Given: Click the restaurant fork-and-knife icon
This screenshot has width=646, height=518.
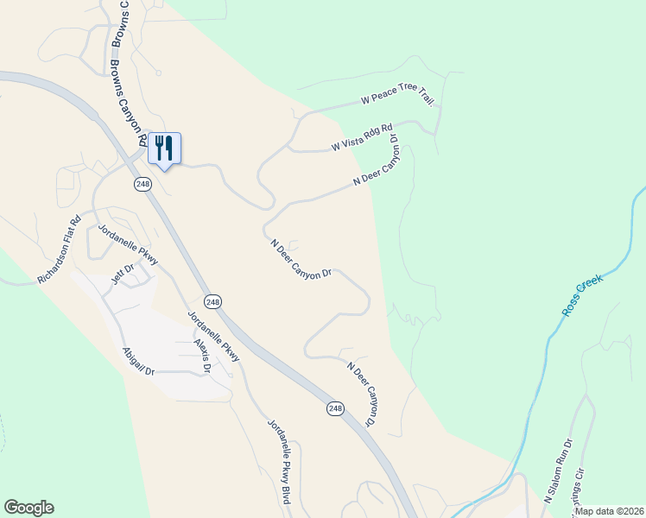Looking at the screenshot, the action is tap(164, 148).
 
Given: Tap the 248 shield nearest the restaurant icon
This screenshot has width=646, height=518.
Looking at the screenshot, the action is tap(142, 184).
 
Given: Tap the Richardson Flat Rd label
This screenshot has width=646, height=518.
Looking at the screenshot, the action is tap(60, 250).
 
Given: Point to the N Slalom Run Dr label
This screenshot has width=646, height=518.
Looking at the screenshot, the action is tap(558, 475).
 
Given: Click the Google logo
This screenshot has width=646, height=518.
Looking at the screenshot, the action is tap(28, 508).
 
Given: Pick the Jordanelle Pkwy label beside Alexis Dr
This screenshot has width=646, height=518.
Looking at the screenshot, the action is tap(213, 333).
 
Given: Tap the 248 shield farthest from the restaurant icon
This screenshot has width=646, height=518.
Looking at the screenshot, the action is tap(335, 407).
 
